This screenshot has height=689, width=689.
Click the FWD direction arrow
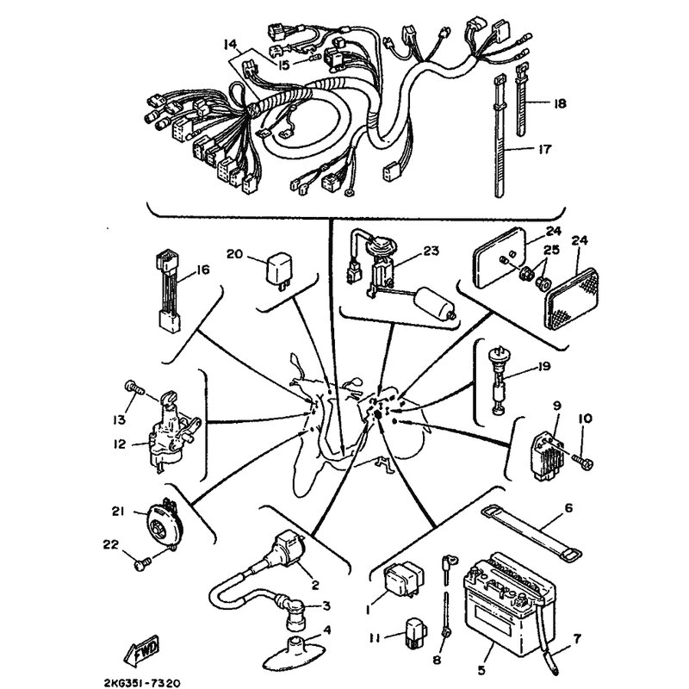141,650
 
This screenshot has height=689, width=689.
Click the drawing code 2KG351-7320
141,683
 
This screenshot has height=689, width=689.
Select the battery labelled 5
510,606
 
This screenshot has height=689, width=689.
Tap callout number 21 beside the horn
118,512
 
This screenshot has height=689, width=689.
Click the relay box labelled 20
278,269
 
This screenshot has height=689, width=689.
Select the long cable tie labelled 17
500,136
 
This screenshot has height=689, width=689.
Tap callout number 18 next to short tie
560,103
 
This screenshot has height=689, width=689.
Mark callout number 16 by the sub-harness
203,270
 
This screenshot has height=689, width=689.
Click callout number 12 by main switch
119,444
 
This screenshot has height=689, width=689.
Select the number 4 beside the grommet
326,630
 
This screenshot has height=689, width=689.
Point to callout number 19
543,366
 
